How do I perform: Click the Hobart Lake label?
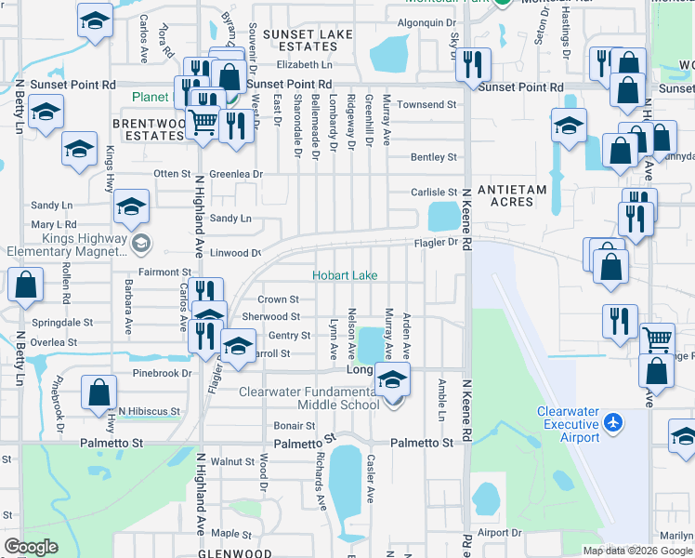(345, 276)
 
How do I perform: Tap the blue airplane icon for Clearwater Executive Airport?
(611, 423)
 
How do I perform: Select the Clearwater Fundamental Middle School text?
(308, 398)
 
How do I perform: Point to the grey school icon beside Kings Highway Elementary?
(140, 244)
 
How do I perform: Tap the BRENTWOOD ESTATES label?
(148, 129)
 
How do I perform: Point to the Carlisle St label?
(435, 193)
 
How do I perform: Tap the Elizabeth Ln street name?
(304, 65)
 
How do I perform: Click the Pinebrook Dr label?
(161, 373)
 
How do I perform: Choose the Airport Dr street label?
(501, 533)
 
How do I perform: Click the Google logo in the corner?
(31, 547)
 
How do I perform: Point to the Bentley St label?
(435, 157)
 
